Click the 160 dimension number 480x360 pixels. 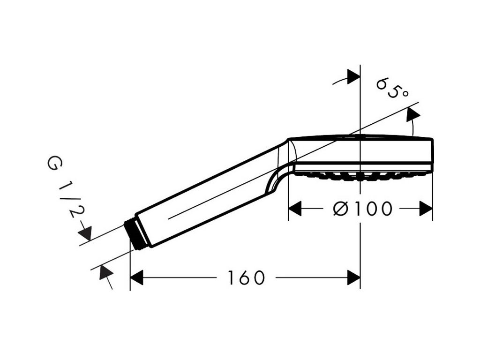tap(247, 278)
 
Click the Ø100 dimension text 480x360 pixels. tap(362, 209)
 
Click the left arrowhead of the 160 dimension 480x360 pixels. tap(136, 278)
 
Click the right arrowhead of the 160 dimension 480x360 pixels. tap(353, 278)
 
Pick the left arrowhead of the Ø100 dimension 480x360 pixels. tap(294, 209)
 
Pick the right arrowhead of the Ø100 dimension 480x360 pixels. tap(426, 209)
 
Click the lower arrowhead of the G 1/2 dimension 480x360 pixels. tap(104, 271)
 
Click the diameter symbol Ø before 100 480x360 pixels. tap(341, 209)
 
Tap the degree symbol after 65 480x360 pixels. tap(404, 94)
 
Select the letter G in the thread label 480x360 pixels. tap(52, 164)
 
